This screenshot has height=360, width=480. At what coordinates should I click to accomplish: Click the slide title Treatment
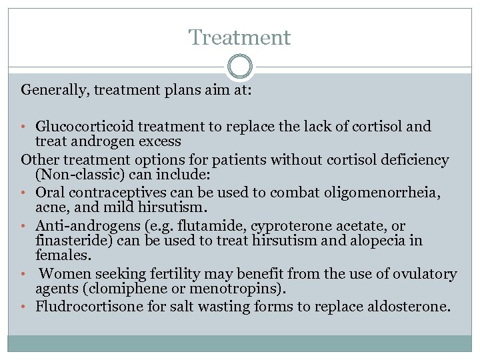tap(239, 37)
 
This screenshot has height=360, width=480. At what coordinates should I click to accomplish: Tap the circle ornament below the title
tap(239, 67)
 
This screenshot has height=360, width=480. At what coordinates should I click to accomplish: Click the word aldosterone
tap(414, 307)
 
